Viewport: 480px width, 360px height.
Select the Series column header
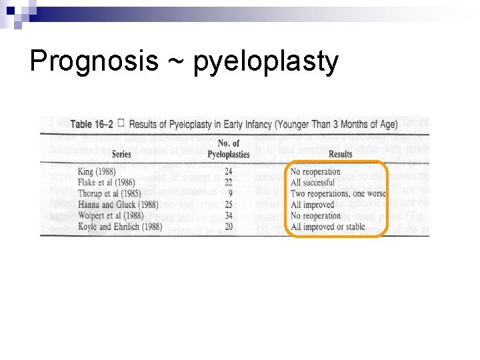pyautogui.click(x=121, y=154)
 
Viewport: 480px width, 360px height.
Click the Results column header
pyautogui.click(x=340, y=154)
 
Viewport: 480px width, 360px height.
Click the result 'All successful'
pyautogui.click(x=313, y=183)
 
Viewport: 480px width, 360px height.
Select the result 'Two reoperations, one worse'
pyautogui.click(x=337, y=194)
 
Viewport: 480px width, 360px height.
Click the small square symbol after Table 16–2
pyautogui.click(x=120, y=123)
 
